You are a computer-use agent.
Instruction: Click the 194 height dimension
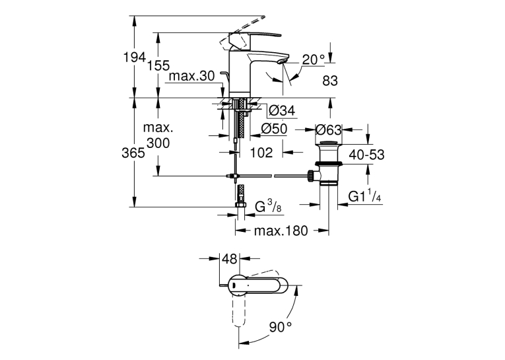coord(135,57)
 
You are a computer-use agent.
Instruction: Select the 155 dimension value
coord(158,65)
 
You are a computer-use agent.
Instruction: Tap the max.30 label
coord(191,77)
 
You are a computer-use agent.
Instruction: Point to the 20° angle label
coord(314,59)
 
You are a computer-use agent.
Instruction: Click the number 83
coord(330,81)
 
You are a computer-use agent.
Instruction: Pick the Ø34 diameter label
coord(282,111)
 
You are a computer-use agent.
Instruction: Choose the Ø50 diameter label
coord(274,129)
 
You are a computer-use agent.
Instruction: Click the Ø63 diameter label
coord(328,130)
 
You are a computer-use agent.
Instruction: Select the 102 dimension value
coord(261,153)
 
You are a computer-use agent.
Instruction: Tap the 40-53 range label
coord(366,155)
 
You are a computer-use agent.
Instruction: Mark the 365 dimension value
coord(133,153)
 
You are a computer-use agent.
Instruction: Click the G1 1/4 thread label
coord(365,196)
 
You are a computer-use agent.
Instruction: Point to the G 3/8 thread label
coord(268,207)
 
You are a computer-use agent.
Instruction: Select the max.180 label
coord(281,231)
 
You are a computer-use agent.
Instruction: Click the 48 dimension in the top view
coord(230,259)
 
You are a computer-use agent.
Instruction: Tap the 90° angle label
coord(281,328)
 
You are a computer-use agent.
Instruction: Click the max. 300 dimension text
coord(158,135)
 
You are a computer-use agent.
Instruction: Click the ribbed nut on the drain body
coord(311,176)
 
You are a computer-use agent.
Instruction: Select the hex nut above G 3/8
coord(240,205)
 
